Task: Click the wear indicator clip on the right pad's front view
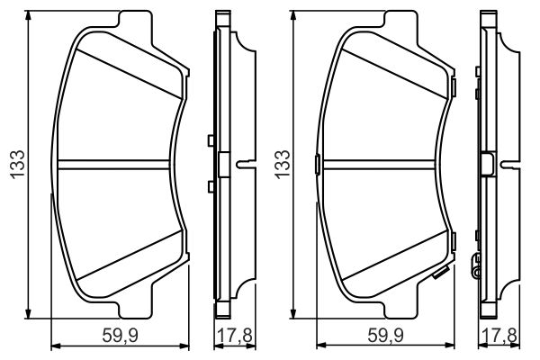click(x=440, y=275)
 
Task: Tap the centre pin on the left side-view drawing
click(x=243, y=164)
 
